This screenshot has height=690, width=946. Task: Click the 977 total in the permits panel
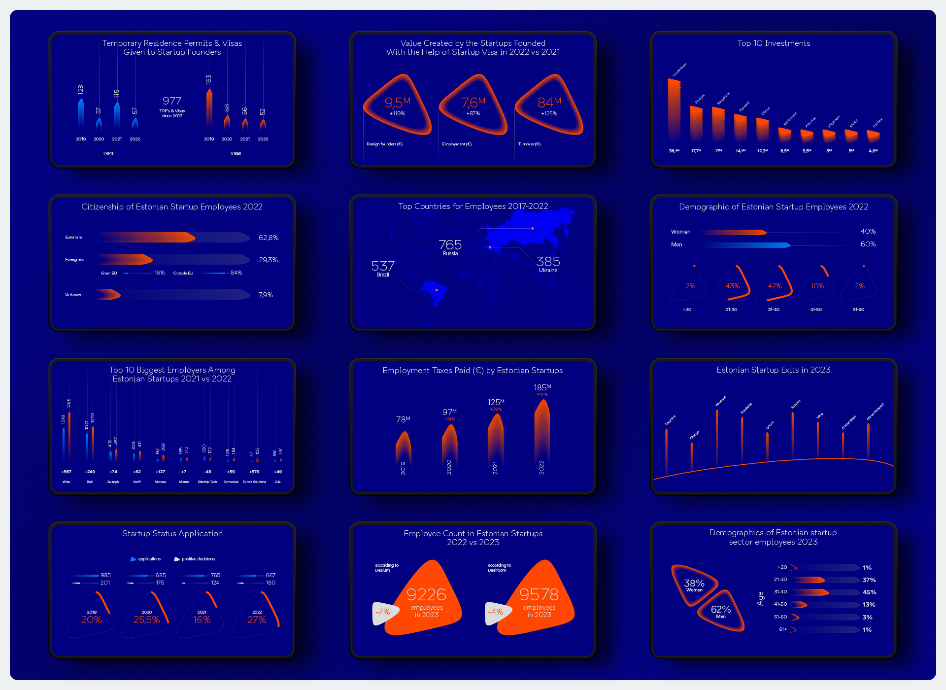[x=172, y=101]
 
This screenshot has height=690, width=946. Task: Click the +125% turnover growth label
[x=549, y=114]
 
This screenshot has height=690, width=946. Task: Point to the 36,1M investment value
[x=674, y=151]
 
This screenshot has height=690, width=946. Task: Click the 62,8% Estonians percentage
[x=269, y=238]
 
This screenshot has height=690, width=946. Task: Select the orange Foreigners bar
[x=126, y=259]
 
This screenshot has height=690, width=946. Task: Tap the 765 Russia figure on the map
[x=450, y=245]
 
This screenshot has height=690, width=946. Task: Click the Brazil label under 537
[x=383, y=275]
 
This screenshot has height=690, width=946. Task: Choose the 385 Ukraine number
[x=548, y=262]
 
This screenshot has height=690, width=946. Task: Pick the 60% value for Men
[x=868, y=244]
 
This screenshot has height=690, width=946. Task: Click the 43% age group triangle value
[x=732, y=286]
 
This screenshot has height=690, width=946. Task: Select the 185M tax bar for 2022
[x=542, y=429]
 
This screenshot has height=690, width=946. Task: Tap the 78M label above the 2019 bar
[x=403, y=419]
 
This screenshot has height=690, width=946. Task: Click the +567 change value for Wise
[x=67, y=472]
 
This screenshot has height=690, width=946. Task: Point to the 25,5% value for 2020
[x=146, y=620]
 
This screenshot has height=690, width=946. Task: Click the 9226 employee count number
[x=426, y=594]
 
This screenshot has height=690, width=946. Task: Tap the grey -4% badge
[x=496, y=612]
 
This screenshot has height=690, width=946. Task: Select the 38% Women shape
[x=694, y=585]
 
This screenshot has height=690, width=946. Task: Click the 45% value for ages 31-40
[x=869, y=592]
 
